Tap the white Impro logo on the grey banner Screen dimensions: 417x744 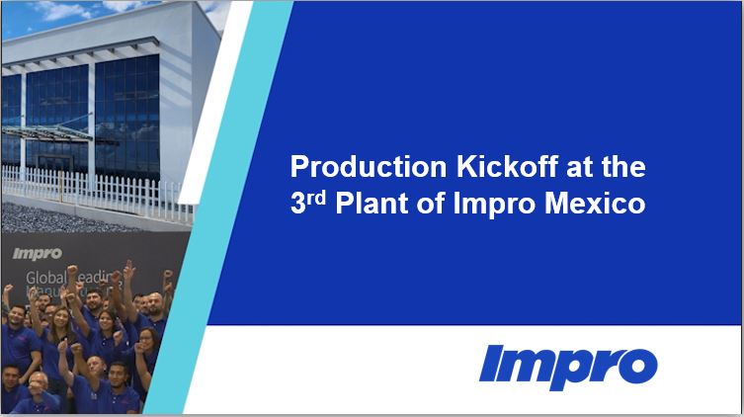click(38, 253)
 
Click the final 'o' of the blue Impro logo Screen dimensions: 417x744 click(638, 368)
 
